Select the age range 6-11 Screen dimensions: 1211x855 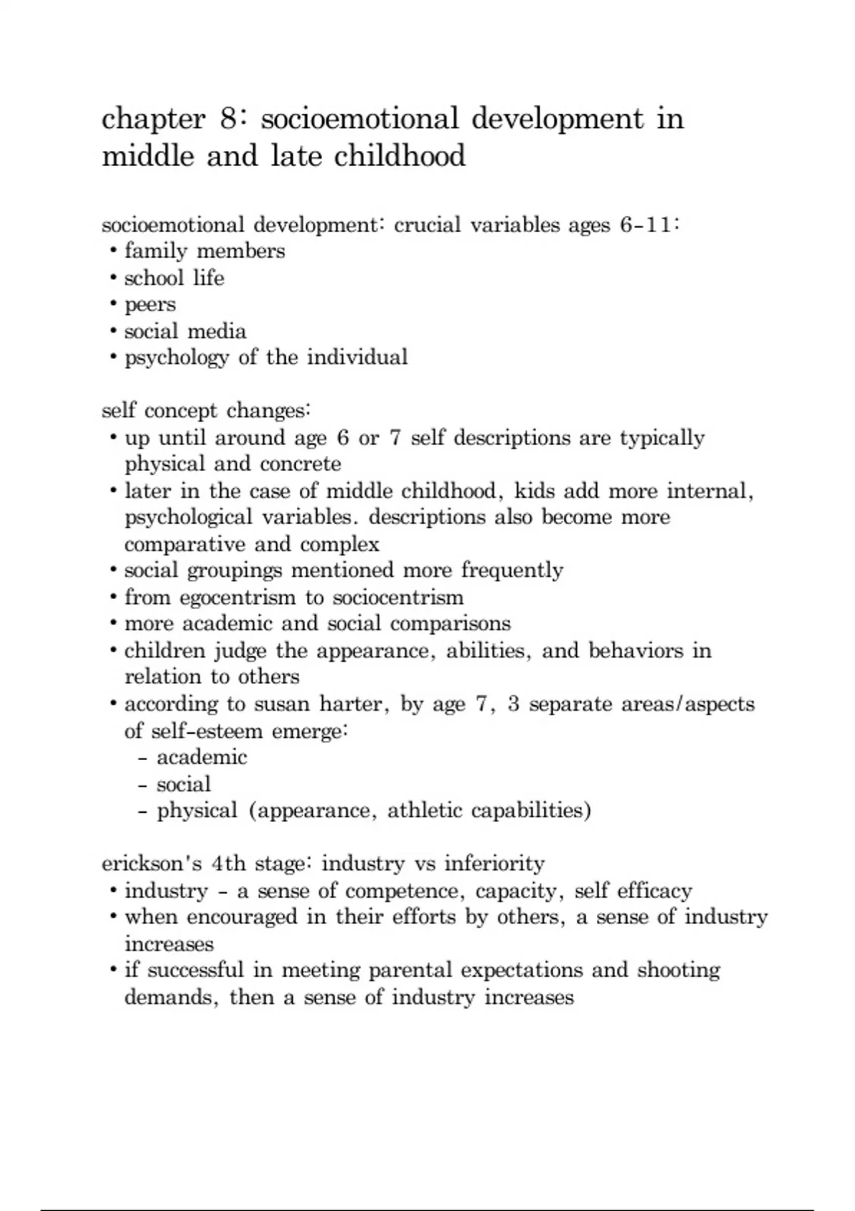point(645,225)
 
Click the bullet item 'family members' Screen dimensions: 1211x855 point(204,251)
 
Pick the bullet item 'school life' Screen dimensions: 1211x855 point(174,278)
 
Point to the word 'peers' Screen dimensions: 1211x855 point(150,305)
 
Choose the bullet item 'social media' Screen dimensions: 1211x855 point(185,331)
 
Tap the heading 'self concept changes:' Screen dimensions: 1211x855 point(206,411)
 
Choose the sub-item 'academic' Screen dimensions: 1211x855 point(202,757)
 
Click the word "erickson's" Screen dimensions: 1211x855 point(152,864)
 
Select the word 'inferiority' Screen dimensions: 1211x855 point(494,864)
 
